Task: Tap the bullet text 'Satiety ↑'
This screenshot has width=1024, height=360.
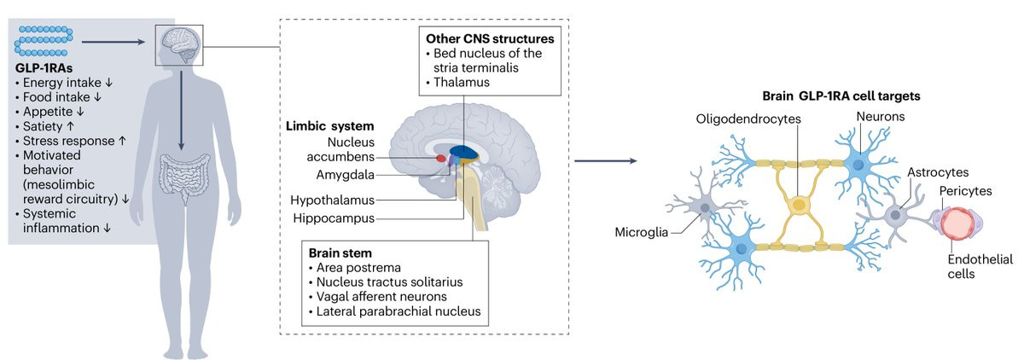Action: (48, 125)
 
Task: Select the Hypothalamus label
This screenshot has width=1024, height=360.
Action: (335, 200)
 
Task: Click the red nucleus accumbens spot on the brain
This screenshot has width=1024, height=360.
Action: (441, 158)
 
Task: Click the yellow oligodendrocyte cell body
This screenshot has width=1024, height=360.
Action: (800, 205)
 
